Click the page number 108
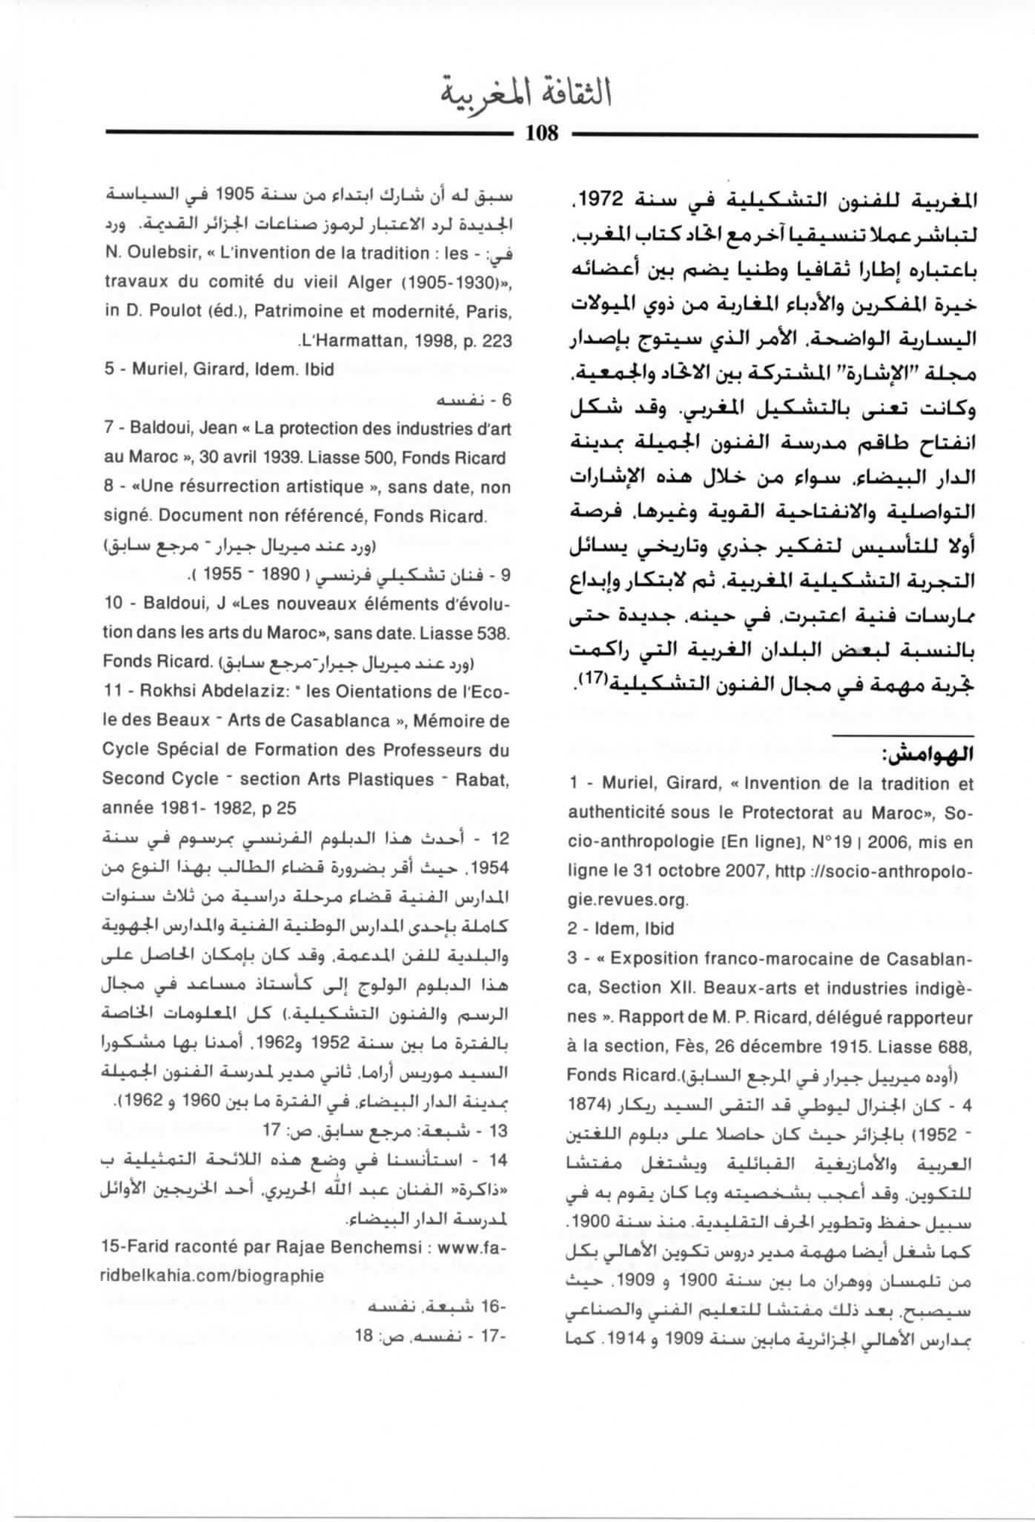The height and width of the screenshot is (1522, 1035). pyautogui.click(x=541, y=133)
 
